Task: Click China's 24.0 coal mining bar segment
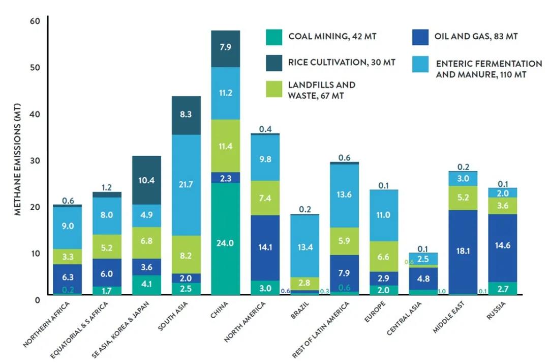pyautogui.click(x=226, y=238)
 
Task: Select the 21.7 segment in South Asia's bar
pyautogui.click(x=186, y=185)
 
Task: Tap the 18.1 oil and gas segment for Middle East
pyautogui.click(x=463, y=252)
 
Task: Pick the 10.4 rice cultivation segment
pyautogui.click(x=147, y=180)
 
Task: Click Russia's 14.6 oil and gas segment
pyautogui.click(x=503, y=248)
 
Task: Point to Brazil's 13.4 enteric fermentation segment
pyautogui.click(x=305, y=246)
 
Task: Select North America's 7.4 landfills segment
pyautogui.click(x=265, y=198)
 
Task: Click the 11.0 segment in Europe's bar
pyautogui.click(x=384, y=216)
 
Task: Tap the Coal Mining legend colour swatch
pyautogui.click(x=274, y=37)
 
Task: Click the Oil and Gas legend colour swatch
pyautogui.click(x=420, y=37)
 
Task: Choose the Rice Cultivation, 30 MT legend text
pyautogui.click(x=342, y=63)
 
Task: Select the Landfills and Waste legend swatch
pyautogui.click(x=274, y=89)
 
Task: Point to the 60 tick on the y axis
pyautogui.click(x=35, y=21)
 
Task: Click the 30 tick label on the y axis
pyautogui.click(x=35, y=160)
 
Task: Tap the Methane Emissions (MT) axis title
pyautogui.click(x=18, y=159)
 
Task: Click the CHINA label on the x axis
pyautogui.click(x=220, y=310)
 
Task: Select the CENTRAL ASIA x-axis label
pyautogui.click(x=404, y=318)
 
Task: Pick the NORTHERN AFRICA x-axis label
pyautogui.click(x=47, y=324)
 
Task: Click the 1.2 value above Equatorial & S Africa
pyautogui.click(x=106, y=187)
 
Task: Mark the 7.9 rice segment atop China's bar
pyautogui.click(x=226, y=49)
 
